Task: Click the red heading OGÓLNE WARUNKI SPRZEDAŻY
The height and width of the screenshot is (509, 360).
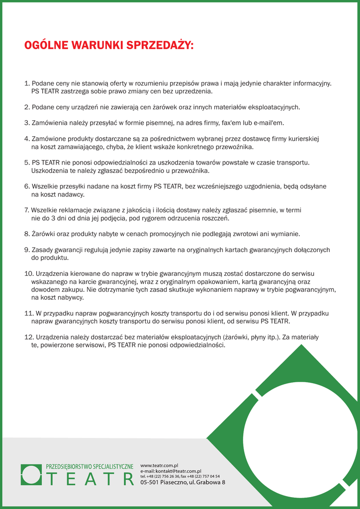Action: coord(108,46)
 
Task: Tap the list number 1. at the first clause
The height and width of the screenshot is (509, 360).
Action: coord(27,84)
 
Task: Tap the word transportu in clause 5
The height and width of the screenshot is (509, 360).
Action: coord(293,163)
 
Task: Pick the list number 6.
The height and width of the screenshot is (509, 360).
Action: coord(27,186)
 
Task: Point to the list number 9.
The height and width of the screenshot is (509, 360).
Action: coord(27,250)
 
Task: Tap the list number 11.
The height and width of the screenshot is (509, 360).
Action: coord(28,313)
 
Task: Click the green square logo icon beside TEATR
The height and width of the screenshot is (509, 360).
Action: coord(31,474)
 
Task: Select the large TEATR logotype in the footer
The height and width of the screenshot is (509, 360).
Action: coord(90,479)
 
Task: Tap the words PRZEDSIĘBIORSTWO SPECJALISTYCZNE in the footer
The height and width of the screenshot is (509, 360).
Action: coord(90,466)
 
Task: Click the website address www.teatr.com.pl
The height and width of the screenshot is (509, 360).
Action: coord(159,465)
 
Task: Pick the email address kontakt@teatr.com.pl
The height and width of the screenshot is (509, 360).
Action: coord(178,471)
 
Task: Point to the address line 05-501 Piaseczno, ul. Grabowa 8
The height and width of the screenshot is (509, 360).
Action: coord(182,482)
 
